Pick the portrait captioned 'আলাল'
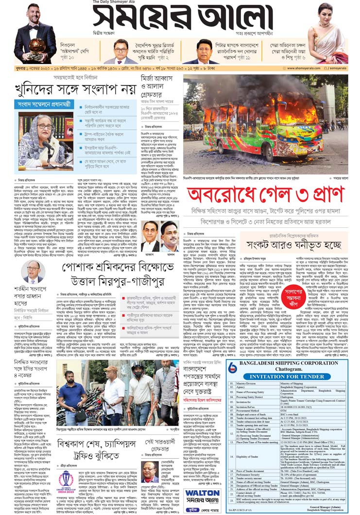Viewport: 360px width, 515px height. coord(170,236)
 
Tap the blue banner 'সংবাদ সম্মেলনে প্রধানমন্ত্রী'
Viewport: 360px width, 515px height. coord(43,104)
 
